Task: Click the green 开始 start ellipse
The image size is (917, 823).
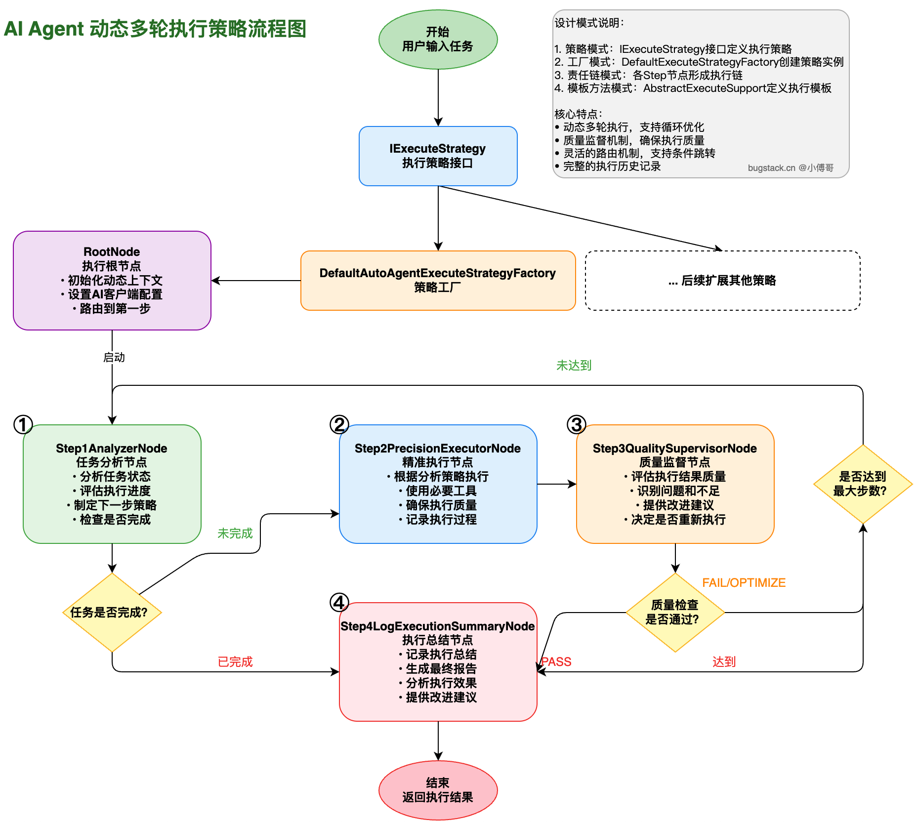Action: pos(438,40)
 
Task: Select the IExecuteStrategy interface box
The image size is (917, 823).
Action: pos(438,156)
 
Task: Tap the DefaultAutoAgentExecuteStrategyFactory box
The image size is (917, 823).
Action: pos(438,281)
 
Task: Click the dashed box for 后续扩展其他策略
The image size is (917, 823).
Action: pos(722,281)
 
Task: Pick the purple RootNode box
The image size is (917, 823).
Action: pos(112,281)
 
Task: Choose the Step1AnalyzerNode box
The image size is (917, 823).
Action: pos(112,484)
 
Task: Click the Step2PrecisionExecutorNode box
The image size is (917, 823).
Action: pos(438,484)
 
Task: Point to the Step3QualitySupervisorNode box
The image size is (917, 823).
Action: pos(675,484)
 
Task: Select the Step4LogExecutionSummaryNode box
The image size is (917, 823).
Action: pos(438,662)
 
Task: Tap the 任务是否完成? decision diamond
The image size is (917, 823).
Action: pos(112,613)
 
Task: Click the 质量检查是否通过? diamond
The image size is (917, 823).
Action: pos(675,613)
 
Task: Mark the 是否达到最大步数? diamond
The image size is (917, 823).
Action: pos(863,484)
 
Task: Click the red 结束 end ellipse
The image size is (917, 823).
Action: pos(438,790)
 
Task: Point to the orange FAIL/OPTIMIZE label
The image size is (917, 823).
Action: pos(744,583)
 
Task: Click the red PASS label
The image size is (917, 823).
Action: pos(557,662)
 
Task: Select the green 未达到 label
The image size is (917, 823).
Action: pos(574,366)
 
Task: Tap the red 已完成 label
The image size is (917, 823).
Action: pos(235,662)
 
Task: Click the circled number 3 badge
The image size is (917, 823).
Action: pos(576,424)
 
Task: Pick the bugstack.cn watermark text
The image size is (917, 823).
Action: pos(791,168)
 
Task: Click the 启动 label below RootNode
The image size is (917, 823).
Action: pos(114,357)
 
